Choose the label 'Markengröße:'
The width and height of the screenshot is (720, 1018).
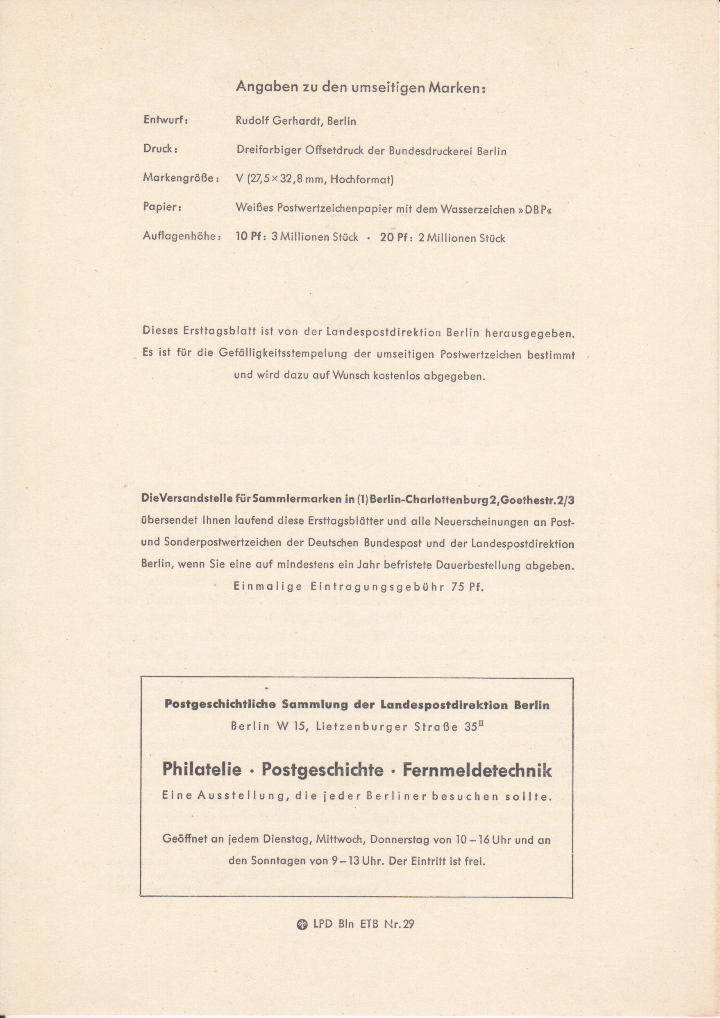pos(181,178)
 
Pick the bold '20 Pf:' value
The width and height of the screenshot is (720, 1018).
pos(397,238)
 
